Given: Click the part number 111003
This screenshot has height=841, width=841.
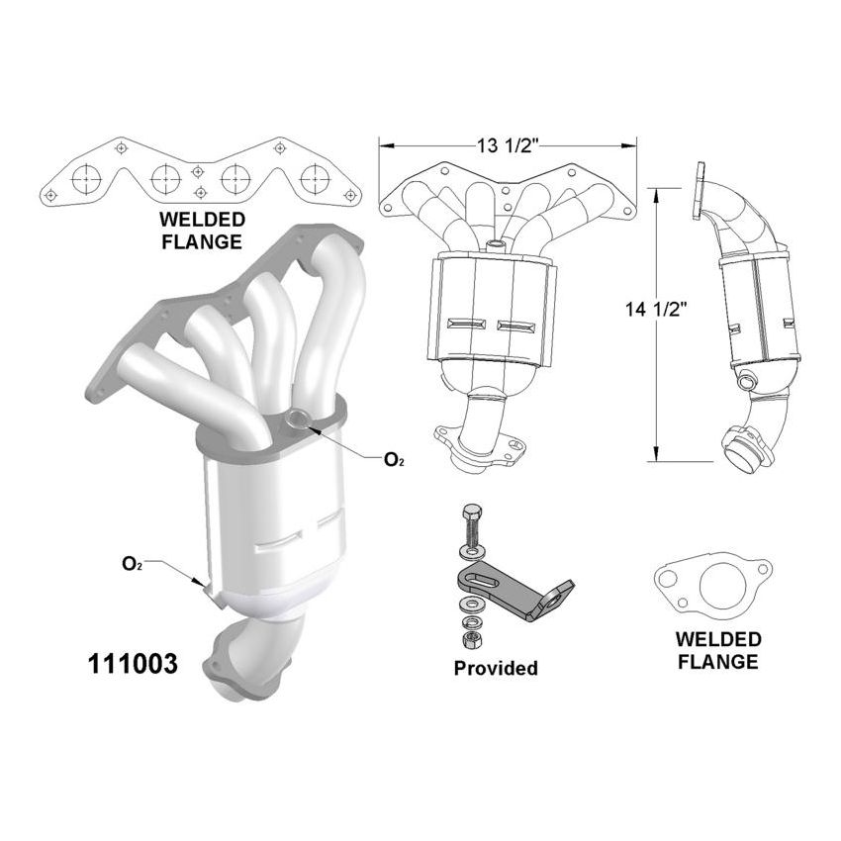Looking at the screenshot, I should tap(130, 664).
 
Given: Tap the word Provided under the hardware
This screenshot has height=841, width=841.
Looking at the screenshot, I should tap(496, 669).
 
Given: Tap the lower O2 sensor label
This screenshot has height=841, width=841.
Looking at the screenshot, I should tap(131, 564).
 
